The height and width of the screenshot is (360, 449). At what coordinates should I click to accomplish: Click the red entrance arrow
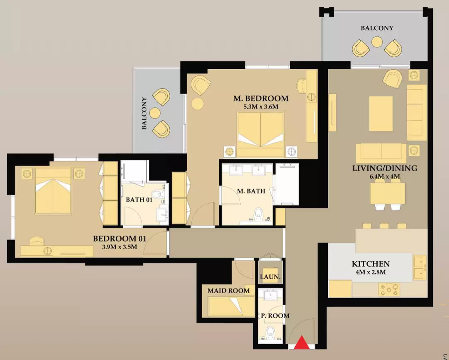click(302, 343)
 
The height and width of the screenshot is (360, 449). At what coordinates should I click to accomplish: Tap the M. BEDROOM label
click(261, 99)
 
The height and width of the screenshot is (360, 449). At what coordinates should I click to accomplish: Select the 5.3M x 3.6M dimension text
click(261, 107)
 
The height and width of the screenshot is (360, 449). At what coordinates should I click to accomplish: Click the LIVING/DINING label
click(385, 168)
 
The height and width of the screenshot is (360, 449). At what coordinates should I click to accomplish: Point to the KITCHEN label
click(371, 263)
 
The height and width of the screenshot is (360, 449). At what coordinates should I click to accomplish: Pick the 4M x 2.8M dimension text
click(371, 272)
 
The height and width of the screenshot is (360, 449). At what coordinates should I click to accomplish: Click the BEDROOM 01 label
click(120, 238)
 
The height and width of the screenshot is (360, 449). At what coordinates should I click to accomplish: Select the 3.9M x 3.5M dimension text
click(120, 247)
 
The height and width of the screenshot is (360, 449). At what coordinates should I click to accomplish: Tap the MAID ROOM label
click(229, 291)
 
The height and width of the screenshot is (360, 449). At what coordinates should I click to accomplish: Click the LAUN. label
click(270, 277)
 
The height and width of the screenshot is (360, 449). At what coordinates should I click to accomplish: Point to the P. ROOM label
click(275, 316)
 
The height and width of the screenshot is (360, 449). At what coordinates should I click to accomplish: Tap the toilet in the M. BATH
click(259, 214)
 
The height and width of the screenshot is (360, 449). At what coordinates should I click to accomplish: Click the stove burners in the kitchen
click(389, 289)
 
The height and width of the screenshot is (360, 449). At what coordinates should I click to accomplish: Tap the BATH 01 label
click(139, 199)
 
